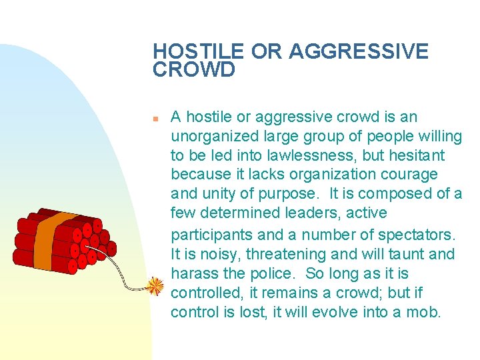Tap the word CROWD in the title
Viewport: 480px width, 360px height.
click(x=194, y=70)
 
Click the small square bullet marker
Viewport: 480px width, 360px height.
click(x=154, y=118)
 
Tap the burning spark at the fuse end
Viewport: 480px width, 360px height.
click(x=155, y=286)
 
